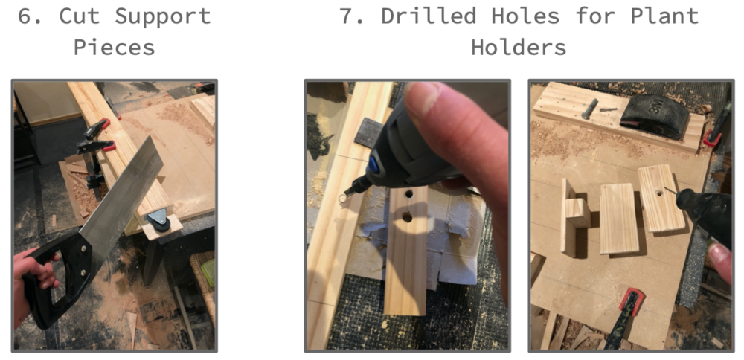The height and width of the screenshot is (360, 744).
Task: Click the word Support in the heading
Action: tap(163, 17)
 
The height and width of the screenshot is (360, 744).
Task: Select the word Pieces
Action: tap(115, 48)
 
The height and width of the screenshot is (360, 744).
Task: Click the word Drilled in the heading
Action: tap(429, 16)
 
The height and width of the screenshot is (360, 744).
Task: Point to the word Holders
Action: tap(519, 48)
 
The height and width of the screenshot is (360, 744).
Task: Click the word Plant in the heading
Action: tap(664, 17)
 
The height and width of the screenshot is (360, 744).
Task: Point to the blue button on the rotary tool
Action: tap(373, 165)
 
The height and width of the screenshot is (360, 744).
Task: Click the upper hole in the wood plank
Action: tap(408, 194)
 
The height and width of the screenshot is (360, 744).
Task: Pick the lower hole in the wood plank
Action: tap(407, 218)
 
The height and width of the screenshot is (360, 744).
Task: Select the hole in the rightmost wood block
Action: tap(659, 193)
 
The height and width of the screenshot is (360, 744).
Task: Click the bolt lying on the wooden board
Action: tap(591, 108)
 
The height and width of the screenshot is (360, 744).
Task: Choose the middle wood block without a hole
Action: tap(619, 219)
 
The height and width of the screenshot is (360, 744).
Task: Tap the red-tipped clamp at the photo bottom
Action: tap(626, 318)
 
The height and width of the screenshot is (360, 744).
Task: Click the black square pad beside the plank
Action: tap(368, 132)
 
